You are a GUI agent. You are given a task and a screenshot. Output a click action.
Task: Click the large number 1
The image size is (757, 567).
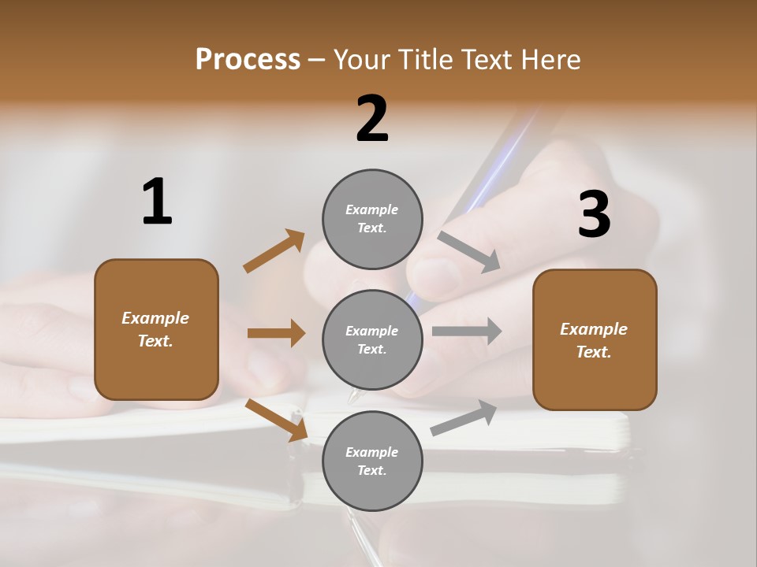[x=157, y=202]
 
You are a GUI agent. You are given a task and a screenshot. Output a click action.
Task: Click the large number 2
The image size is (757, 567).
[x=372, y=119]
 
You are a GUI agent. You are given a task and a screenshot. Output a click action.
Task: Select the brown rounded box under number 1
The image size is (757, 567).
[x=156, y=329]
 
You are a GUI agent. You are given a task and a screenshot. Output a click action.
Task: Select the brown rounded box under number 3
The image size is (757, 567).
[x=595, y=339]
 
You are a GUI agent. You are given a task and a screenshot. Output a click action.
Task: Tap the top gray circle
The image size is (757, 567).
[x=372, y=219]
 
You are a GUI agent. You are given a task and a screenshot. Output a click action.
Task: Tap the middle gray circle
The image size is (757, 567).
[x=372, y=339]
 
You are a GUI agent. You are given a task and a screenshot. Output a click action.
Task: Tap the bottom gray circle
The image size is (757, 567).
[x=372, y=461]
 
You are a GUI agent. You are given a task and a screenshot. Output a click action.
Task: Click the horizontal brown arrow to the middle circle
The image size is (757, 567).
[x=276, y=333]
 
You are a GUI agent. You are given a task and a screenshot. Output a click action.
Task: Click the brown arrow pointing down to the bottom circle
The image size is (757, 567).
[x=276, y=419]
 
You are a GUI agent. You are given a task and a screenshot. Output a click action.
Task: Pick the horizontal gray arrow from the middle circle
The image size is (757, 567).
[x=467, y=331]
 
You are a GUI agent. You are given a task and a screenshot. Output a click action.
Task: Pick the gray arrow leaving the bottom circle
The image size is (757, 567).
[x=464, y=418]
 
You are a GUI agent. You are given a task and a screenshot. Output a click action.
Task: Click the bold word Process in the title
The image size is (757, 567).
[x=248, y=59]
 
